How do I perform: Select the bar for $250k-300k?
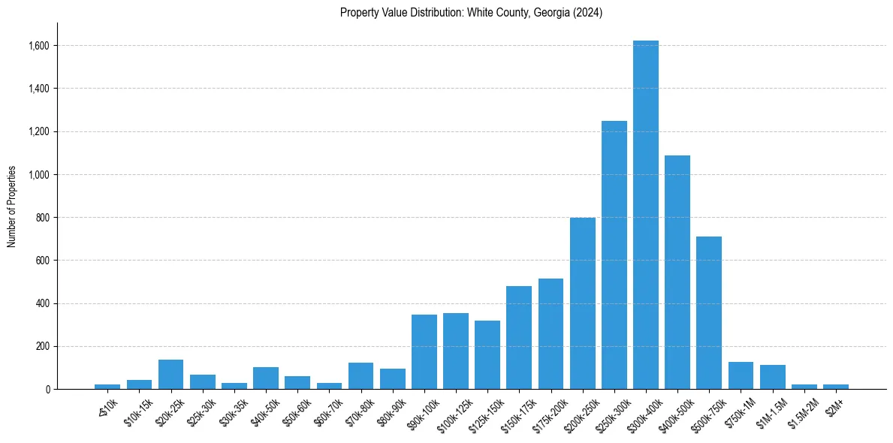[x=614, y=255]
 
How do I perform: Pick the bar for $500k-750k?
[x=708, y=312]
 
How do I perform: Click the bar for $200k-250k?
[x=582, y=303]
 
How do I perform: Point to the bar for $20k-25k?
[x=170, y=375]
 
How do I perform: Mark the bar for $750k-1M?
[x=741, y=375]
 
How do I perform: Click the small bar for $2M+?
[x=835, y=387]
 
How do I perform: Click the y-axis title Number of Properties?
[x=12, y=206]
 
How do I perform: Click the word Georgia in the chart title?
[x=553, y=13]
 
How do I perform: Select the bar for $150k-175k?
[x=519, y=338]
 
